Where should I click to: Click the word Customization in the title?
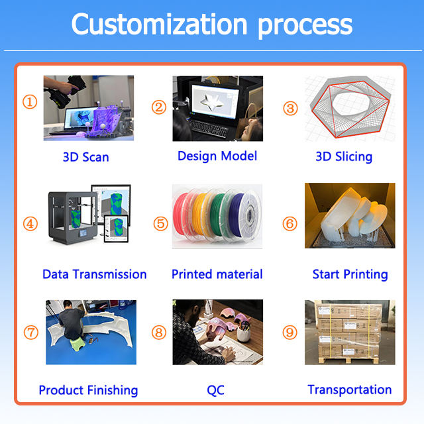click(x=159, y=25)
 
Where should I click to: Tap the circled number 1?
click(x=30, y=102)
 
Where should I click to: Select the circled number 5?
click(x=160, y=224)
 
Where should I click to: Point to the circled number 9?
click(x=290, y=333)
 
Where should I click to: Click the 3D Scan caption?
click(x=86, y=157)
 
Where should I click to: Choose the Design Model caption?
click(x=217, y=156)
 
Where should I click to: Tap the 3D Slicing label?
click(x=344, y=157)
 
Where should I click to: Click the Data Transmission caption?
click(x=95, y=274)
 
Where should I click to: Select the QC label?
click(x=215, y=390)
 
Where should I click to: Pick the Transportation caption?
click(x=350, y=390)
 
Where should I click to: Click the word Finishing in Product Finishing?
click(x=113, y=390)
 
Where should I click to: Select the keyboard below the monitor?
click(x=209, y=128)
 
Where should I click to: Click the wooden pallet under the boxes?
click(x=349, y=360)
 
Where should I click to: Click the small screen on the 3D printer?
click(x=83, y=233)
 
